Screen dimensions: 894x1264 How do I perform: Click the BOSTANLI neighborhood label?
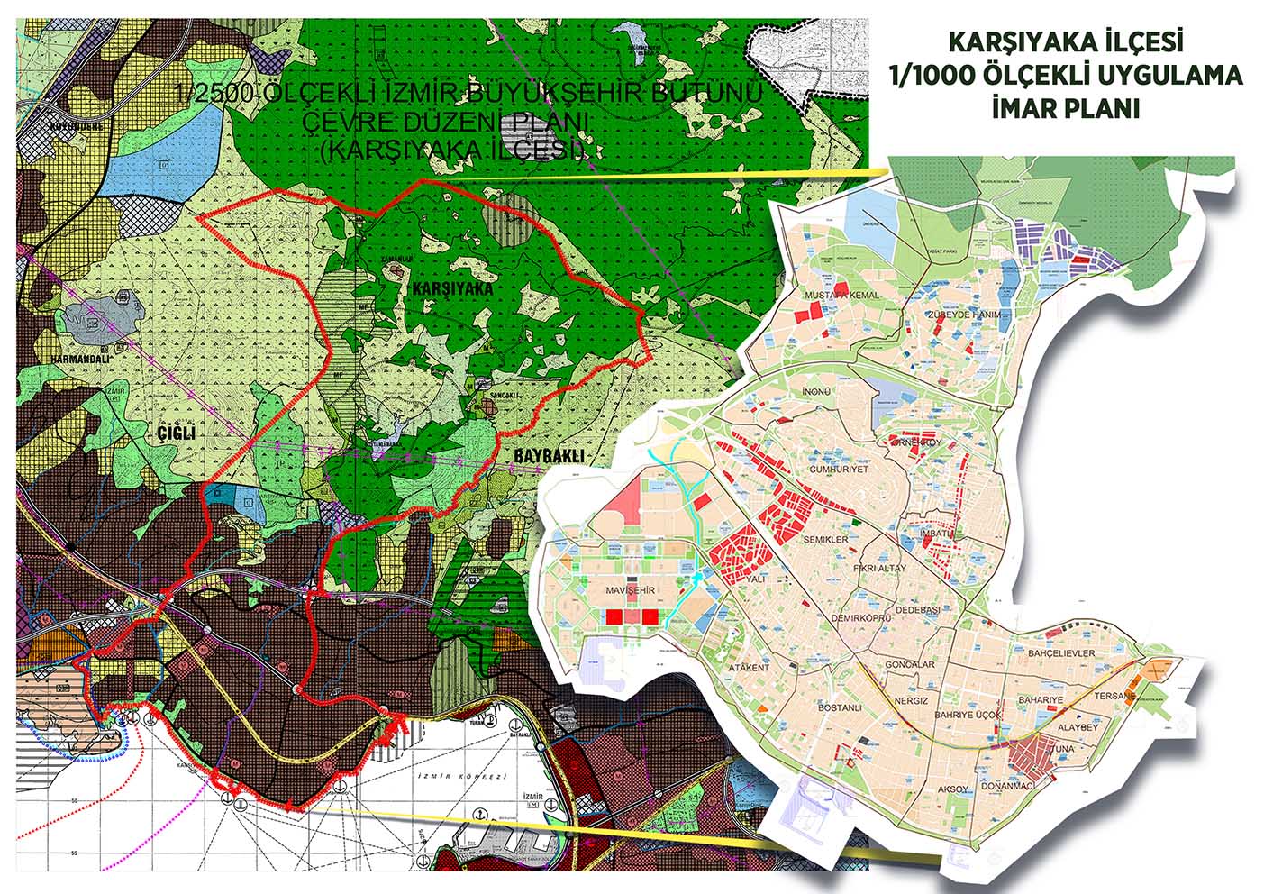point(840,708)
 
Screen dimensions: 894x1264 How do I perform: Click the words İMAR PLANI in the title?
point(1066,109)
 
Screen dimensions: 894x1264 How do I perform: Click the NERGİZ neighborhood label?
point(911,700)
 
